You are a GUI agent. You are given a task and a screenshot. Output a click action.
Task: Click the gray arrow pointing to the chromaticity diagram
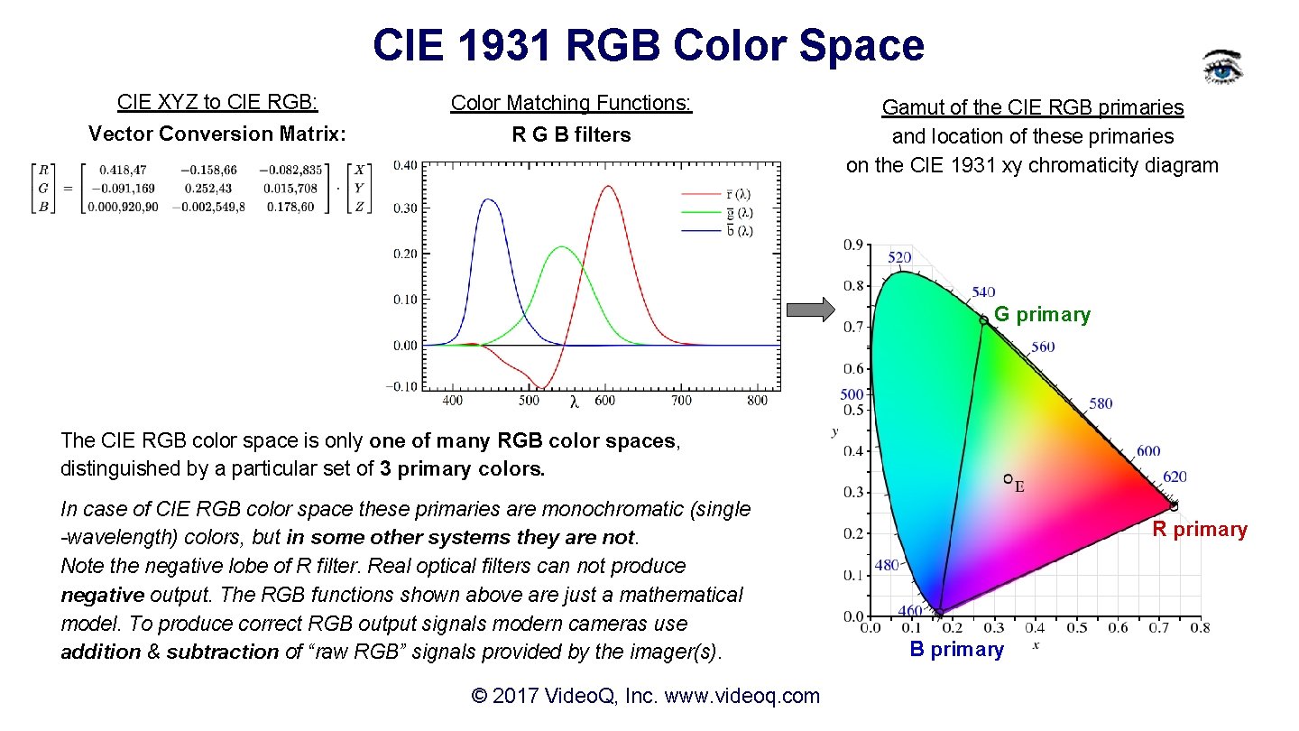pyautogui.click(x=811, y=310)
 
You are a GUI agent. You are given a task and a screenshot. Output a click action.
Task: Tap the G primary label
pyautogui.click(x=1042, y=315)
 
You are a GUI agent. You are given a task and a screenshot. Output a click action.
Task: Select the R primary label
pyautogui.click(x=1200, y=530)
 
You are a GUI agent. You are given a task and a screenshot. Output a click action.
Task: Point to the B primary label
pyautogui.click(x=956, y=650)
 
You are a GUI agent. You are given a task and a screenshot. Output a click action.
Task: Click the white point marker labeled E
pyautogui.click(x=1009, y=479)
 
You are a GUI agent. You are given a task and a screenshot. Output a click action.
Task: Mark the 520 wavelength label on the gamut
pyautogui.click(x=899, y=258)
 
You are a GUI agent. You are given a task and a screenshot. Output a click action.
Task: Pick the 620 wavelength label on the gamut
pyautogui.click(x=1174, y=477)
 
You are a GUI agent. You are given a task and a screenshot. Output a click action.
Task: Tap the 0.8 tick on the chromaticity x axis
pyautogui.click(x=1199, y=628)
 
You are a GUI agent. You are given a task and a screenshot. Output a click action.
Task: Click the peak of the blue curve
pyautogui.click(x=488, y=199)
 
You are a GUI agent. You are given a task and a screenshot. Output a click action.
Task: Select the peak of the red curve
pyautogui.click(x=608, y=187)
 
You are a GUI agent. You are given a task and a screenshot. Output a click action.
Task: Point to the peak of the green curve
pyautogui.click(x=561, y=246)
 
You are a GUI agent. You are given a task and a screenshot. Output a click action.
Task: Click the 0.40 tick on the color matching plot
pyautogui.click(x=405, y=165)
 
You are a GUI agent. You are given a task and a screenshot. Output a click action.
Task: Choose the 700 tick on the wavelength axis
pyautogui.click(x=681, y=401)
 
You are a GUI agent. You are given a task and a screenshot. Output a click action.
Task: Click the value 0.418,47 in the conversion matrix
pyautogui.click(x=124, y=170)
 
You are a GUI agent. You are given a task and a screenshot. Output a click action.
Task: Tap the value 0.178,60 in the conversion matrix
pyautogui.click(x=294, y=207)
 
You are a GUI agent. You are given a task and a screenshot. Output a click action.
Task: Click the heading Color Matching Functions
pyautogui.click(x=571, y=104)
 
